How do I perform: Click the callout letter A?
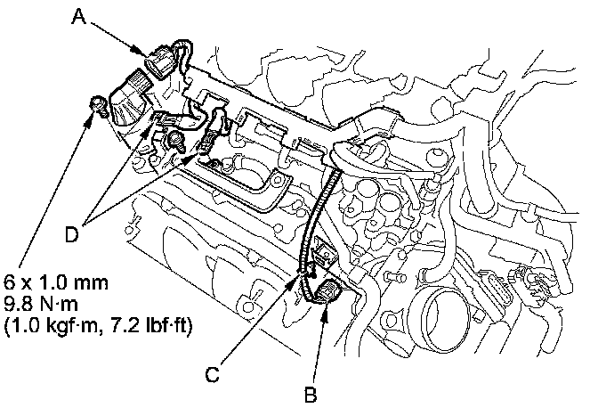pos(79,17)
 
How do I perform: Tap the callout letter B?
pos(311,395)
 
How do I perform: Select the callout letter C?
pos(213,374)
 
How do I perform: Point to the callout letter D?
pos(71,234)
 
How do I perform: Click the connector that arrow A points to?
pos(160,61)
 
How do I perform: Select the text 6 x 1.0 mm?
pos(56,282)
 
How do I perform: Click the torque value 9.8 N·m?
pos(41,304)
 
